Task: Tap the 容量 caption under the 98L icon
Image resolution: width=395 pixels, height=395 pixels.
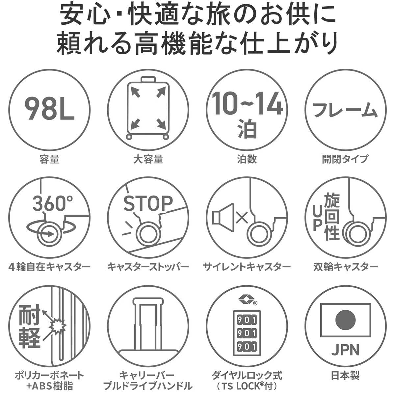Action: coord(49,159)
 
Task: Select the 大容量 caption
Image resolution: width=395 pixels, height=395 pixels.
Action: coord(148,159)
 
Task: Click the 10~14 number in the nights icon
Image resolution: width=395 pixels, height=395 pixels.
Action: coord(247,103)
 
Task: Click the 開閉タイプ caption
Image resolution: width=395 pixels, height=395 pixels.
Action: coord(345,159)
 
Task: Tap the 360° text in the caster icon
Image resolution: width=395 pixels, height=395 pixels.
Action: coord(52,203)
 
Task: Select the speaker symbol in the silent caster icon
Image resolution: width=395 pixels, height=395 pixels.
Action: coord(223,218)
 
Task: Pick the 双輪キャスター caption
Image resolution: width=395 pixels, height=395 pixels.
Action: coord(345,267)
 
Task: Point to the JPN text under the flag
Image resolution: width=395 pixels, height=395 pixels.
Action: coord(345,350)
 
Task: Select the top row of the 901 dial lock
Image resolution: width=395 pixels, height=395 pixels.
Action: coord(247,326)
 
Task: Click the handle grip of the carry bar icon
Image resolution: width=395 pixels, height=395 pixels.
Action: coord(148,301)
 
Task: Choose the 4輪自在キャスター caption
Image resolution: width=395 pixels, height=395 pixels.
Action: coord(49,267)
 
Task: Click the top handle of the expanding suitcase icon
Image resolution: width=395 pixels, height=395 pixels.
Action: coord(148,80)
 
